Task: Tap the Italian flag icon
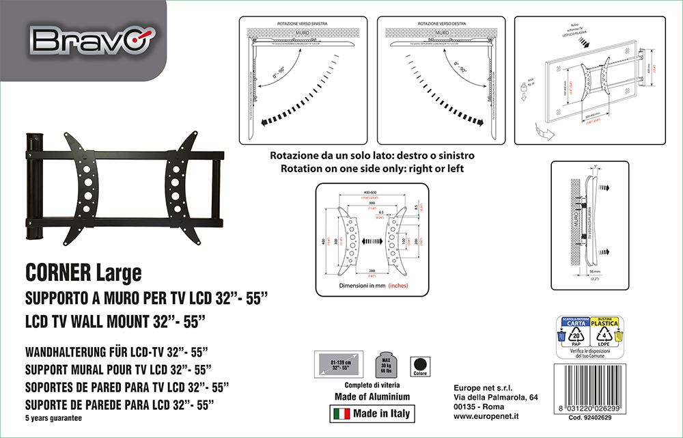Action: coord(341,414)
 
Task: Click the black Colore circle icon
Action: coord(419,364)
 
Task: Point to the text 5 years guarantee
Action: coord(53,418)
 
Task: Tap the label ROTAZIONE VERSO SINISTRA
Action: coord(302,23)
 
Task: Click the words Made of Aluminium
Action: coord(372,396)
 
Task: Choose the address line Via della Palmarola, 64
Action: coord(496,398)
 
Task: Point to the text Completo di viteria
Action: coord(372,385)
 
